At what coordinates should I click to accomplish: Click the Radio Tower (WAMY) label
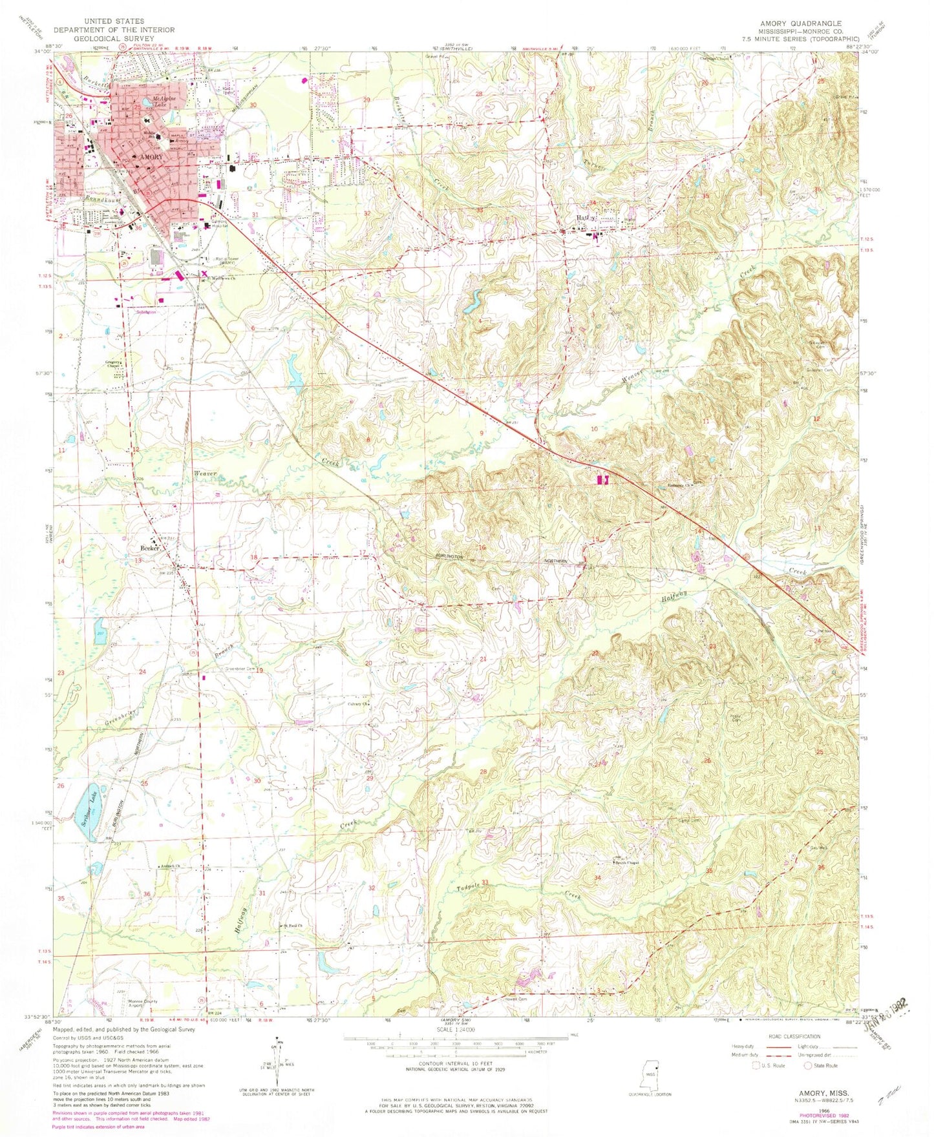[x=223, y=261]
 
